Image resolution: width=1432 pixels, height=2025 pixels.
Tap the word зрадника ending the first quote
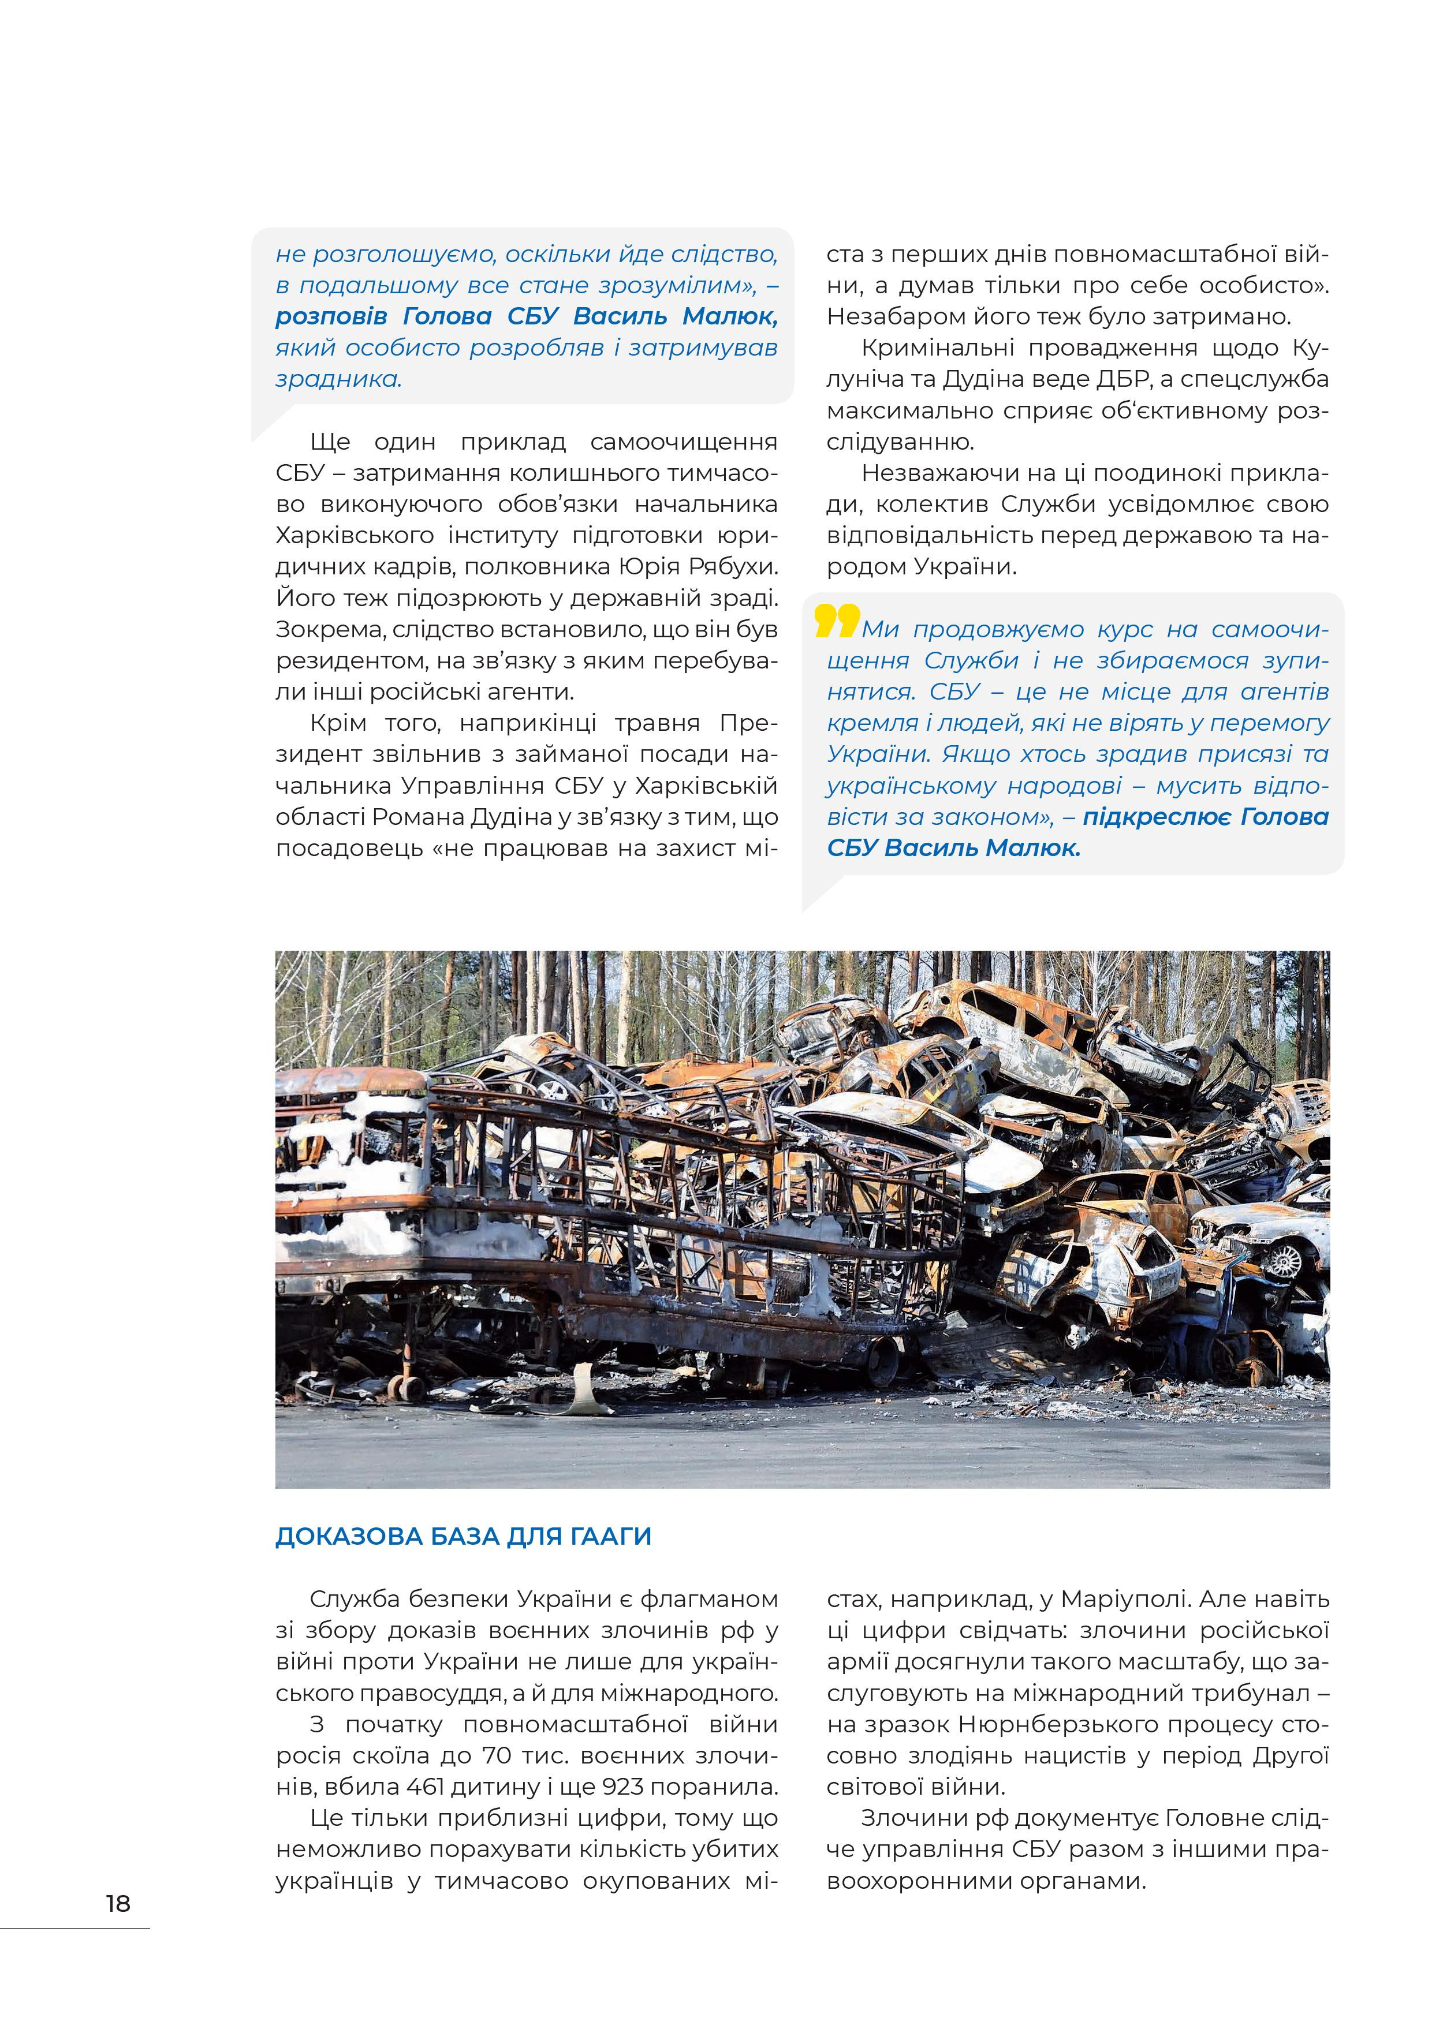[x=337, y=379]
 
